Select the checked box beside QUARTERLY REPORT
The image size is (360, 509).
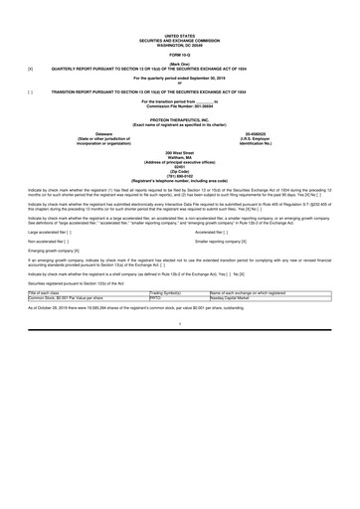32,70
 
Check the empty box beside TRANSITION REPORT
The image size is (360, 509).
32,90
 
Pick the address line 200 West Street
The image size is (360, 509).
180,152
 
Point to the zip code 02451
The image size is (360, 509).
180,167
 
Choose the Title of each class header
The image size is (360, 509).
50,293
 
